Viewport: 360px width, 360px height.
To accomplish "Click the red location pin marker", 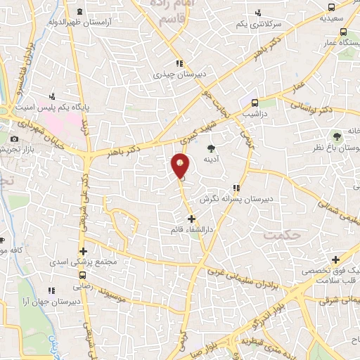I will click(x=181, y=166).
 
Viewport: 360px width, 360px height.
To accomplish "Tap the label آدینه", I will click(x=212, y=160).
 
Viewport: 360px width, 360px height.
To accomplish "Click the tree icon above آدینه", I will click(x=212, y=148).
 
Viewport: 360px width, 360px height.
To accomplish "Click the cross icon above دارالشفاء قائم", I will click(x=191, y=219).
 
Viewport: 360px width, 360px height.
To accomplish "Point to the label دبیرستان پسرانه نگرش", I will click(x=228, y=199).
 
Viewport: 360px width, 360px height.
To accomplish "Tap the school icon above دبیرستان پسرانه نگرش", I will click(x=236, y=188).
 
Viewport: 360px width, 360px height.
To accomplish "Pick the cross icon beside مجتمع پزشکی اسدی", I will click(x=84, y=251).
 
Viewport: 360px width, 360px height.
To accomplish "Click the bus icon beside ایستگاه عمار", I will click(x=343, y=32).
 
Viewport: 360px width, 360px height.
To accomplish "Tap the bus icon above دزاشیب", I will click(x=255, y=101).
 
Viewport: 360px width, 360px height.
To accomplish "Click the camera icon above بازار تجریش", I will click(x=15, y=139).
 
